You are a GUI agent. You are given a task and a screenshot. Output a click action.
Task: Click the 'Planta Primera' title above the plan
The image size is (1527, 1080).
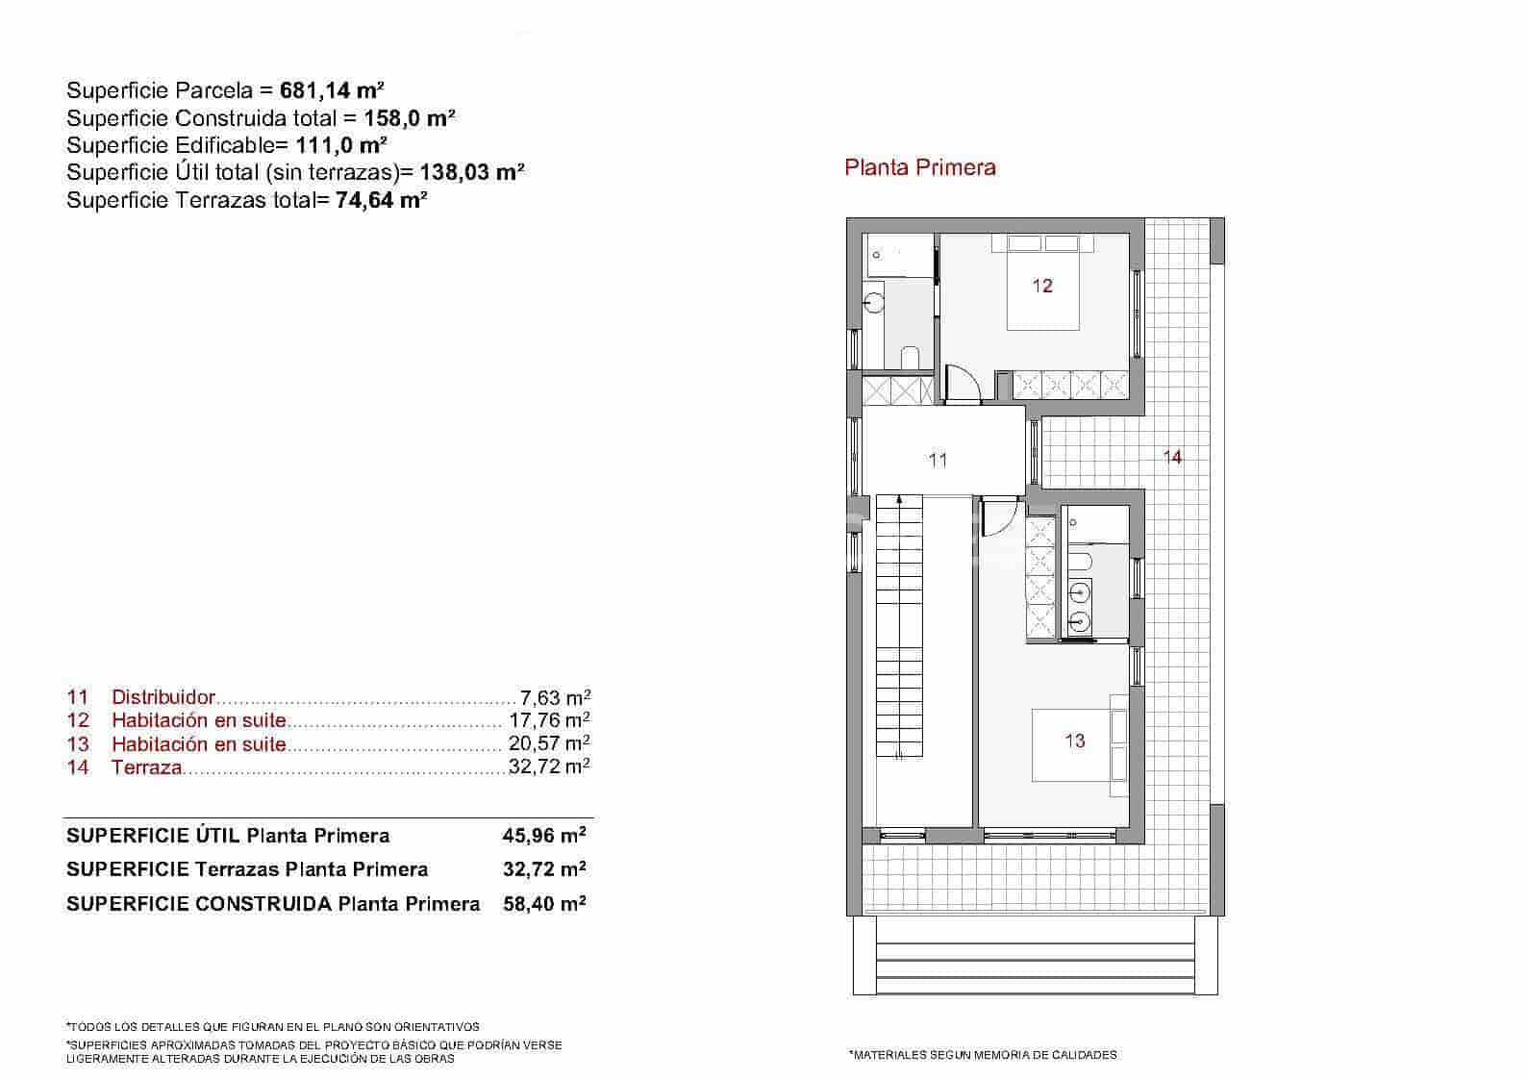pyautogui.click(x=919, y=167)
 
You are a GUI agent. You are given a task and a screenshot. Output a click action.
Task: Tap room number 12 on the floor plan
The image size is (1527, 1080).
pyautogui.click(x=1042, y=286)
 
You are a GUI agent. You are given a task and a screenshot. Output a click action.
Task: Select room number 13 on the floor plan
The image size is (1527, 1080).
pyautogui.click(x=1074, y=741)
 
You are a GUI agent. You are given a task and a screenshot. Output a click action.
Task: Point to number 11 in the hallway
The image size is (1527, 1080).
pyautogui.click(x=938, y=460)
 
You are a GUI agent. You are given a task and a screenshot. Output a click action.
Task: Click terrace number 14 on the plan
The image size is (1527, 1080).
pyautogui.click(x=1172, y=457)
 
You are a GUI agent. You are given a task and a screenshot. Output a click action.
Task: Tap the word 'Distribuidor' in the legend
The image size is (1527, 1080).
pyautogui.click(x=163, y=697)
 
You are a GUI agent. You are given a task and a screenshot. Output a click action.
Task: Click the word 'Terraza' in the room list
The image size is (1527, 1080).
pyautogui.click(x=146, y=767)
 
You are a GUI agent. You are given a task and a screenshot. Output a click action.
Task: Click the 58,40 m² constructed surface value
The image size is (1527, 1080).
pyautogui.click(x=544, y=904)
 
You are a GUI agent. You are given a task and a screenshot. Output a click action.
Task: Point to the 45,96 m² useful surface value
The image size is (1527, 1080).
pyautogui.click(x=544, y=835)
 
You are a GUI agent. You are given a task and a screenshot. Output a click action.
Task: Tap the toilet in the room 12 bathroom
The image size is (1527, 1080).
pyautogui.click(x=910, y=357)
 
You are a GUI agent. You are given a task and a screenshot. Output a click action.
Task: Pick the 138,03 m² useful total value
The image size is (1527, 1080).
pyautogui.click(x=472, y=172)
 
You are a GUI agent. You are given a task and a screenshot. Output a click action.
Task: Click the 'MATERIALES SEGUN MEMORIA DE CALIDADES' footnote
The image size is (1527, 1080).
pyautogui.click(x=983, y=1055)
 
